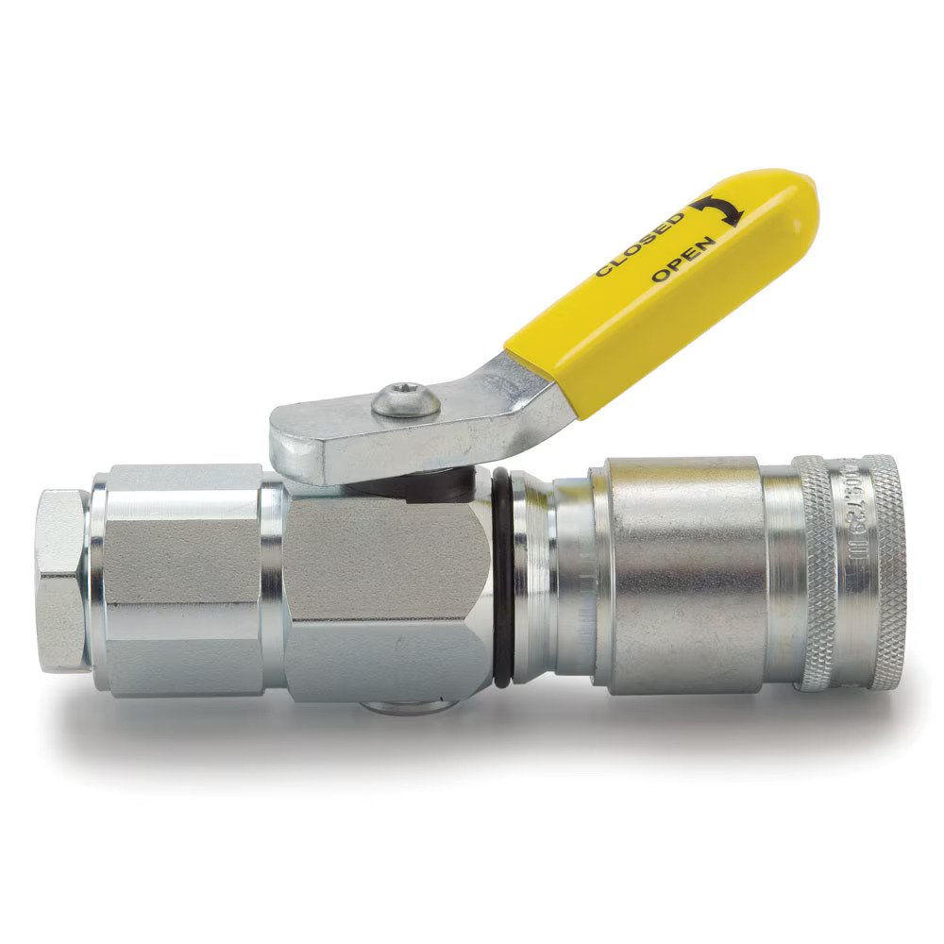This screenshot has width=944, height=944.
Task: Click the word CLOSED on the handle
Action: coord(639,244)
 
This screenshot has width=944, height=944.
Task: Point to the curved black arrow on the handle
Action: coord(718,210)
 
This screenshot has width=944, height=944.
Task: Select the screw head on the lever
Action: coord(406,400)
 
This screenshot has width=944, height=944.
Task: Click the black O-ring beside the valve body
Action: coord(503,576)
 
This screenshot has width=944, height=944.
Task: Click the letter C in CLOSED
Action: coord(602,271)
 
